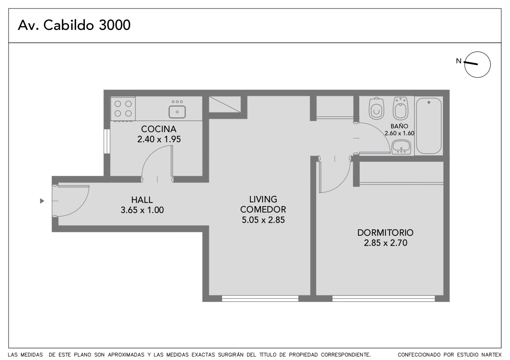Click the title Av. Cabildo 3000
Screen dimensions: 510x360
tap(74, 25)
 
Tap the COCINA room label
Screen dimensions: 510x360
tap(159, 129)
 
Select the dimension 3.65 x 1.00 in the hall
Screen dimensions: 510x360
tap(142, 210)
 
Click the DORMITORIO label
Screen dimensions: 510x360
tap(385, 233)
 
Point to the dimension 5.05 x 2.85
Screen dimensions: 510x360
tap(263, 220)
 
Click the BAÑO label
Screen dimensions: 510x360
tap(399, 126)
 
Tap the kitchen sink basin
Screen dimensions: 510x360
tap(177, 112)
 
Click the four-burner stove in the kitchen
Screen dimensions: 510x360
tap(123, 109)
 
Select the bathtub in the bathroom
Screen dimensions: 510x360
tap(429, 126)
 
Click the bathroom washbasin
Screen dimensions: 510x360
tap(401, 147)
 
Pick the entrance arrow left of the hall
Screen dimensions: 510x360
tap(42, 201)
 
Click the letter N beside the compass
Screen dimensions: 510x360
tap(459, 61)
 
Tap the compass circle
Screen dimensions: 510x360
tap(477, 52)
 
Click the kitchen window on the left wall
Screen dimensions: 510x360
tap(107, 141)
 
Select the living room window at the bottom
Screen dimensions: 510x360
tap(260, 299)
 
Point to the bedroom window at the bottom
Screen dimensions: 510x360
tap(384, 299)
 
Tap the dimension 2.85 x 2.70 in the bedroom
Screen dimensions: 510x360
tap(385, 243)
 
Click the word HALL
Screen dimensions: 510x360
tap(142, 200)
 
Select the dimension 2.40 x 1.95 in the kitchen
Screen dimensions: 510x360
tap(159, 139)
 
